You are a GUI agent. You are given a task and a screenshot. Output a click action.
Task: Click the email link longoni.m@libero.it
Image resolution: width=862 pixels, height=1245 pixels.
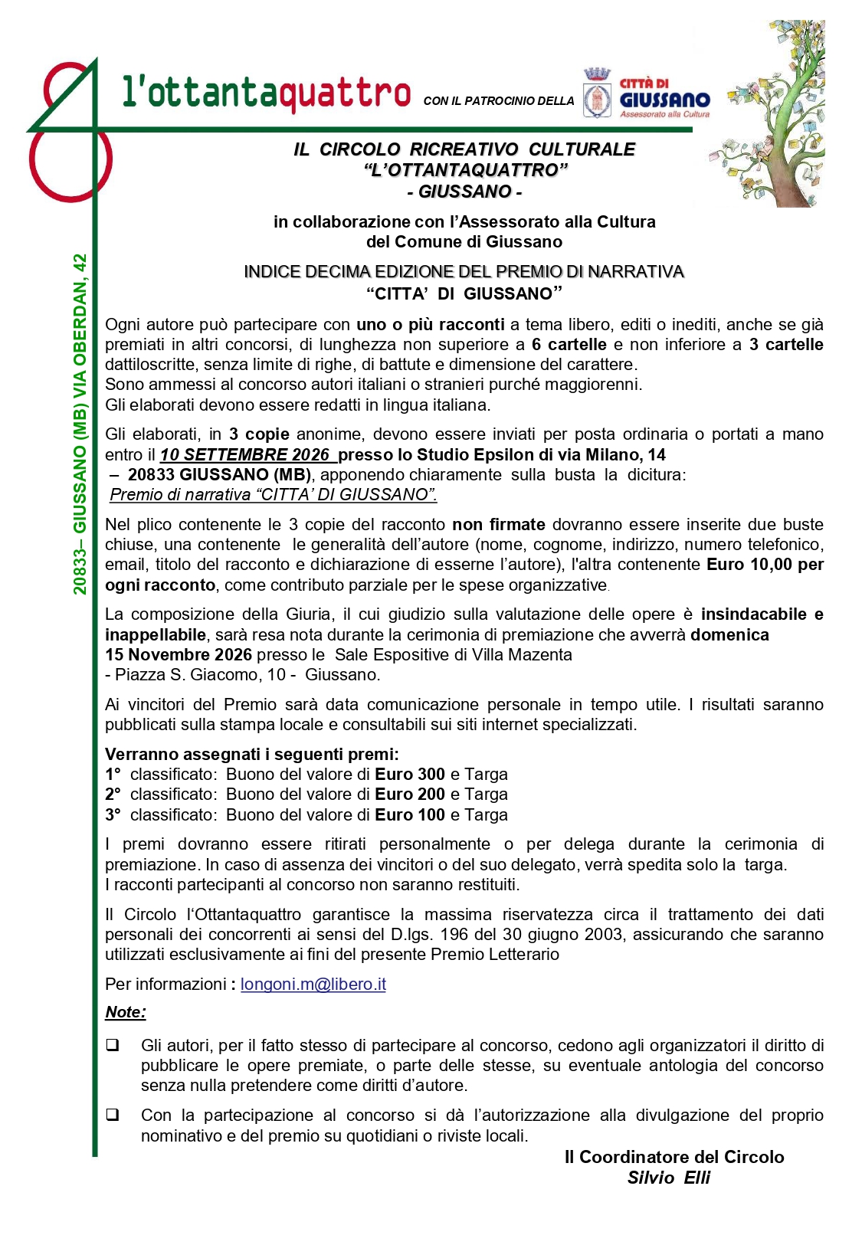tap(313, 985)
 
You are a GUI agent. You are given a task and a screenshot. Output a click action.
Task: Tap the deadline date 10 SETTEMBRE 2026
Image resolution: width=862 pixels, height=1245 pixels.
tap(245, 455)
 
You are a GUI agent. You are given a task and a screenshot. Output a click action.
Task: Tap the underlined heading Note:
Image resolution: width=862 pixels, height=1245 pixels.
tap(125, 1012)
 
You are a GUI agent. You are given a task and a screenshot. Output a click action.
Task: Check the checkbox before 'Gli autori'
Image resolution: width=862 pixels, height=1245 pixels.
tap(113, 1045)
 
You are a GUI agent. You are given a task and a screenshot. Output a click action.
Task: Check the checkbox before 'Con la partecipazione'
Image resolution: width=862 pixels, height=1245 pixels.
tap(113, 1115)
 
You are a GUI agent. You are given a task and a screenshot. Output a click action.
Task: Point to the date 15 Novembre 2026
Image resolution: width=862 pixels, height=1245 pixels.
tap(179, 655)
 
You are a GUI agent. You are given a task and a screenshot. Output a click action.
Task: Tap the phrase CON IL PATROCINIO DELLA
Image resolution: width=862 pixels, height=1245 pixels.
tap(498, 101)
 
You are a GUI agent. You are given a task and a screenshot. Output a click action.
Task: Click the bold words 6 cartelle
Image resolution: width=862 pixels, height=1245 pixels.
tap(569, 345)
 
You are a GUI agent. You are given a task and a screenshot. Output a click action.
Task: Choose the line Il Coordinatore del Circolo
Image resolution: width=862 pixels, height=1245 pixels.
tap(674, 1157)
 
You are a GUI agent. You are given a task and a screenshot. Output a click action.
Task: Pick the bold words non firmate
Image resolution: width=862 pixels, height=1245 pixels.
tap(499, 525)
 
